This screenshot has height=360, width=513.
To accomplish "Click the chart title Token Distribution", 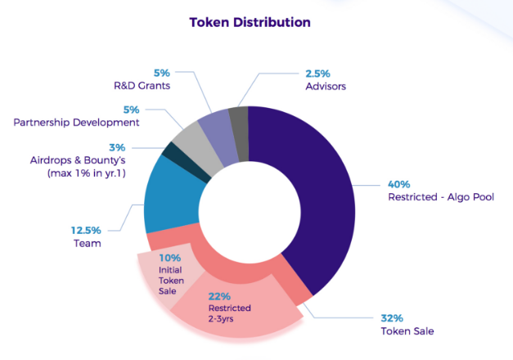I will [x=250, y=22].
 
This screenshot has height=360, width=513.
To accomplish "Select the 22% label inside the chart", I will [x=219, y=296].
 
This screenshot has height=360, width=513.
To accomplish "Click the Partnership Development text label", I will [x=77, y=122].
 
